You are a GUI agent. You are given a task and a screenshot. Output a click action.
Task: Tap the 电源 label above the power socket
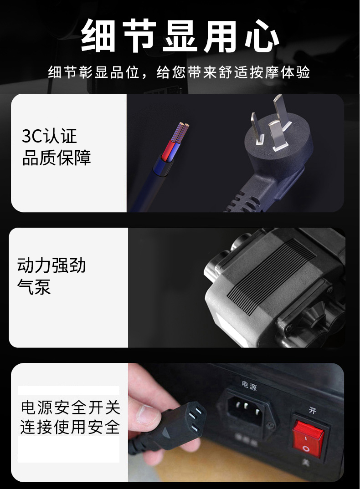[249, 386]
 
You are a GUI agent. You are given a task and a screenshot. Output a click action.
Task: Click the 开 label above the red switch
[313, 410]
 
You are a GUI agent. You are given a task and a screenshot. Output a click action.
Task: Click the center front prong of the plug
[277, 136]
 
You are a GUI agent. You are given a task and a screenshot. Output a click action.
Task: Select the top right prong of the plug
[281, 111]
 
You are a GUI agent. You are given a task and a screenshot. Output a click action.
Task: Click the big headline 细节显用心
[180, 35]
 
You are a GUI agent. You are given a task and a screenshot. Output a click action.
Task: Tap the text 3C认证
[49, 136]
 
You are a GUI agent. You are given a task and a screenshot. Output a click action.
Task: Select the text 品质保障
[57, 158]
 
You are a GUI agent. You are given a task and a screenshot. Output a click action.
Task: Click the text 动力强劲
[51, 265]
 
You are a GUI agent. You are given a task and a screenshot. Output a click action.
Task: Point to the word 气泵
[34, 286]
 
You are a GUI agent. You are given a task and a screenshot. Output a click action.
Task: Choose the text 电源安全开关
[71, 407]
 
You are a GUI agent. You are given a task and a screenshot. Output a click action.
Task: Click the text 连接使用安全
[70, 427]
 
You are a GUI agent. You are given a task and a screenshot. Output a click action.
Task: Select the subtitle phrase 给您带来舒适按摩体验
[233, 72]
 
